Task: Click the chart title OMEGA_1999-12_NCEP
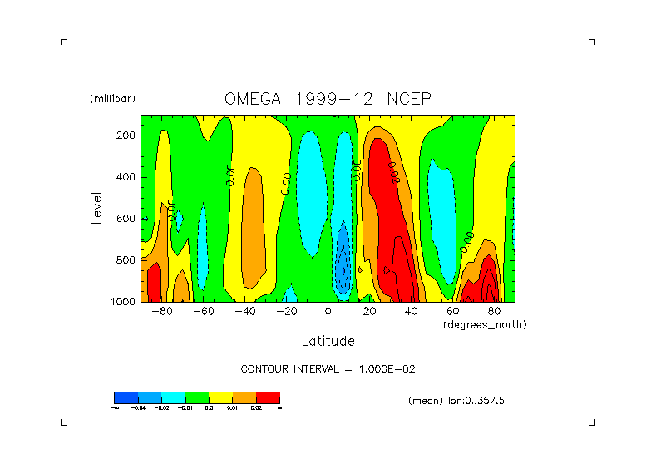[328, 99]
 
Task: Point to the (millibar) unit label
[112, 99]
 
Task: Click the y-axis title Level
[97, 208]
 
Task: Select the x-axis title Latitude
[328, 341]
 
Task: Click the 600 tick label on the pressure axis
[126, 219]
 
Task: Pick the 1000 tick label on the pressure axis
[123, 302]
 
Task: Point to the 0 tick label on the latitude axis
[328, 312]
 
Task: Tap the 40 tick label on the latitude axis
[411, 312]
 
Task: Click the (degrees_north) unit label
[485, 324]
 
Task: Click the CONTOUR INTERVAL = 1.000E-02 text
[328, 368]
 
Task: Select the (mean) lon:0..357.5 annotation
[456, 401]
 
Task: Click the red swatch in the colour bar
[268, 397]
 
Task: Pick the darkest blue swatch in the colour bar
[126, 397]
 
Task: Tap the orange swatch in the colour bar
[244, 397]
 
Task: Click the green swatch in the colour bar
[196, 397]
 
